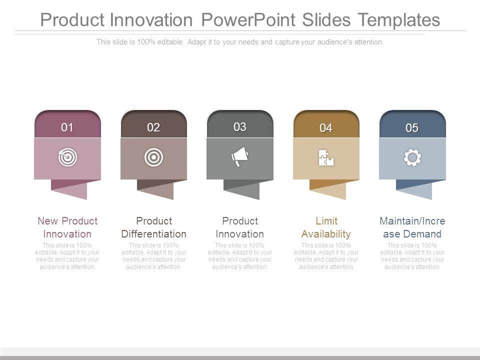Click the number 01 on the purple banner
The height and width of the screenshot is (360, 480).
tap(67, 127)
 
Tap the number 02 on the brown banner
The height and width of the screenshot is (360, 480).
tap(153, 127)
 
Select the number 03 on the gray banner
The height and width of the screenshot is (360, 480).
tap(239, 126)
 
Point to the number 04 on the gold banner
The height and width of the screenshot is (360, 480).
tap(325, 128)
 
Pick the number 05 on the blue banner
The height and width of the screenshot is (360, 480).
tap(412, 127)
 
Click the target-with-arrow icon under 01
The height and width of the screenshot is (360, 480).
tap(67, 157)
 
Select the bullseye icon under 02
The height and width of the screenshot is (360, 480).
tap(153, 157)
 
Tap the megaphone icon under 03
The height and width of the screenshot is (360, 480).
tap(239, 156)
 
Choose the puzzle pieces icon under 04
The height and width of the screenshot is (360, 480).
tap(326, 157)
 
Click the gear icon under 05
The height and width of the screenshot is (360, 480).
tap(412, 157)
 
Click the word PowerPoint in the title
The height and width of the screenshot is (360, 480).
tap(248, 20)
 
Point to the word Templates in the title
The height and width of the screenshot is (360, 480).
tap(399, 20)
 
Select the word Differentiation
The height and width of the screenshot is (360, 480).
tap(153, 234)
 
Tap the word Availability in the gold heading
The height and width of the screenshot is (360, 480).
tap(326, 234)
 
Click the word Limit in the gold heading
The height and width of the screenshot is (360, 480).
tap(326, 220)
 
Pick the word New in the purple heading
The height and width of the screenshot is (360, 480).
tap(48, 220)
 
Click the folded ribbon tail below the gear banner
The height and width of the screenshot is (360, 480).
tap(414, 189)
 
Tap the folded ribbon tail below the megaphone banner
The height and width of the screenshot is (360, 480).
tap(241, 189)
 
